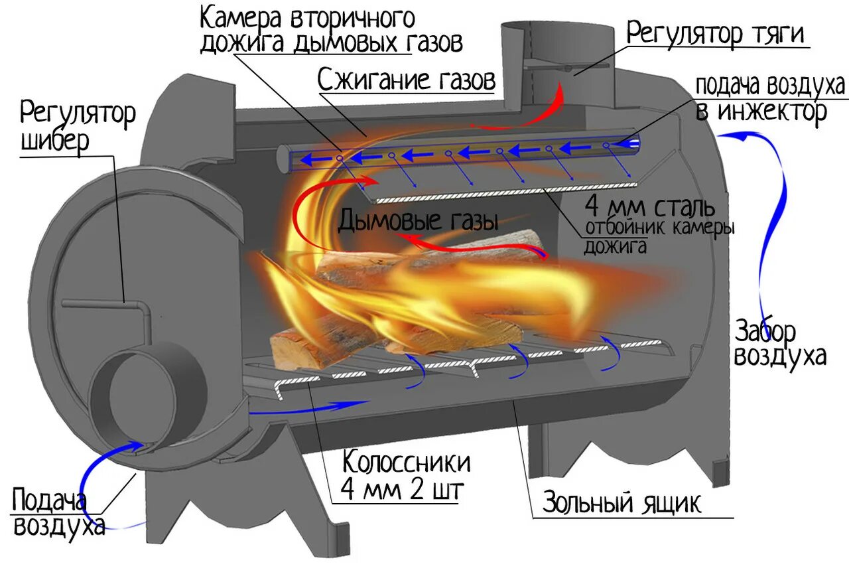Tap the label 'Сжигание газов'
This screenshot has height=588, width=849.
[406, 80]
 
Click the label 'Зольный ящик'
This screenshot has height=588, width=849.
[621, 502]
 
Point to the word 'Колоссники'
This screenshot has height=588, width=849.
[407, 461]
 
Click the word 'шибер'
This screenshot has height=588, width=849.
[54, 142]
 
